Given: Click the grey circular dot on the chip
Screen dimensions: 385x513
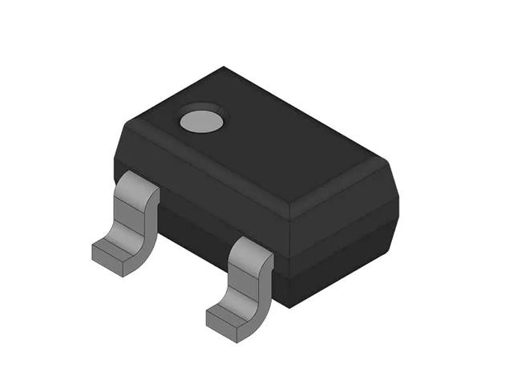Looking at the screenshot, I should (x=201, y=120).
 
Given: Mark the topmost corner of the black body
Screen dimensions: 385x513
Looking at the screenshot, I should (x=224, y=67).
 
